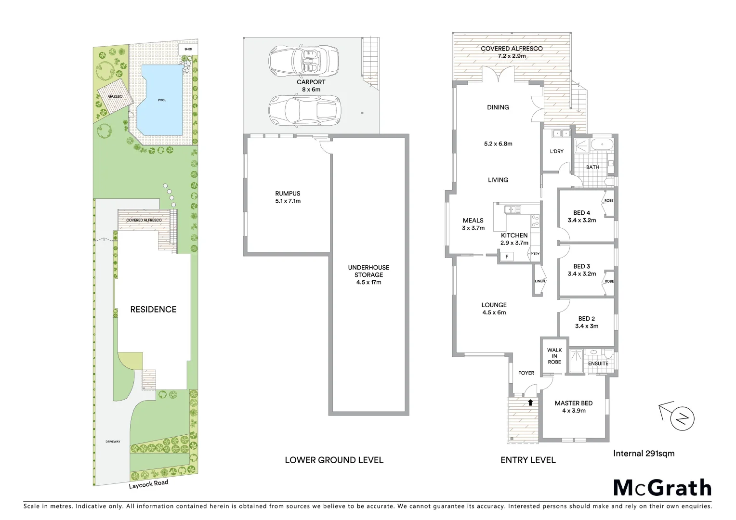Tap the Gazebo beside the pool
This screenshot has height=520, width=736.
coord(114,97)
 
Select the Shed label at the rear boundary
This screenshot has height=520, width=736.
coord(185,50)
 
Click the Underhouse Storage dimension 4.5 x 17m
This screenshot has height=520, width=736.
coord(368,282)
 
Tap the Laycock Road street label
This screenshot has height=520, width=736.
coord(148,484)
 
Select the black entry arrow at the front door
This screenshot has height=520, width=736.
coord(530,403)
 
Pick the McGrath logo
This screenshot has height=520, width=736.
coord(662,488)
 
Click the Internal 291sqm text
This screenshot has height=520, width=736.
coord(644,453)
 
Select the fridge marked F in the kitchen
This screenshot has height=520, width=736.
coord(507,257)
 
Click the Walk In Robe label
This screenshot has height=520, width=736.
coord(554,356)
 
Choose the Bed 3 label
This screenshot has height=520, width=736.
coord(581,266)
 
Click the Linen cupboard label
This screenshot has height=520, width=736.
coord(539,281)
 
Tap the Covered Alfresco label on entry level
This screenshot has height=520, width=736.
coord(512,49)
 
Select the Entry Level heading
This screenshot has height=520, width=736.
coord(528,460)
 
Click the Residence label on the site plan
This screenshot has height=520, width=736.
coord(153,310)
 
